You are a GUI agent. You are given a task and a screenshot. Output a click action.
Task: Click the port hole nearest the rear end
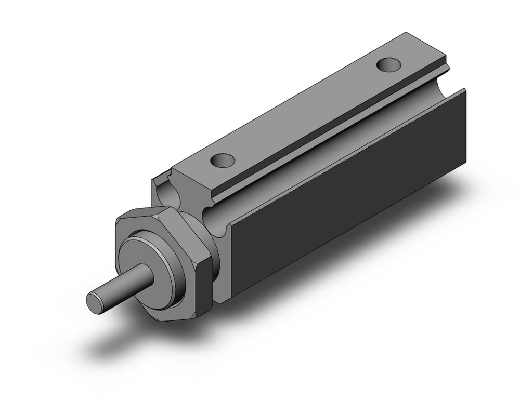point(389,65)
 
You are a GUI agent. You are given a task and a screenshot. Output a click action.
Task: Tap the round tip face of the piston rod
point(95,302)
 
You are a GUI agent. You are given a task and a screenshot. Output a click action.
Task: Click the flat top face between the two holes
point(307,112)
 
